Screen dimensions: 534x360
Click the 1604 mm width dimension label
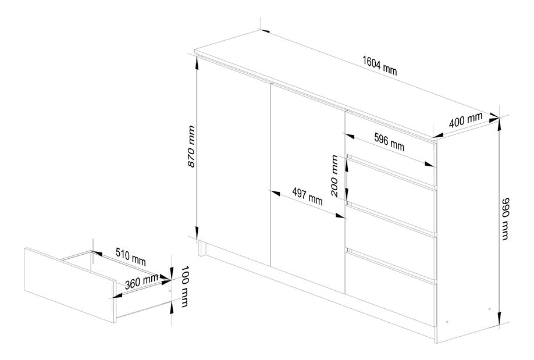point(379,65)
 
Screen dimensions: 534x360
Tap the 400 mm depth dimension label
point(465,120)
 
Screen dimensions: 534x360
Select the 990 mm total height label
point(506,219)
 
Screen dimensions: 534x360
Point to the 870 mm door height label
point(192,147)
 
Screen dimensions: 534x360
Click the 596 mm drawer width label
point(389,142)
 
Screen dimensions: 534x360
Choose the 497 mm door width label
point(308,197)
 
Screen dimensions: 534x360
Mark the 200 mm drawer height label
point(334,176)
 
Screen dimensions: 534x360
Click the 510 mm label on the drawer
point(131,257)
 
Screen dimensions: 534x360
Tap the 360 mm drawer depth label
point(141,281)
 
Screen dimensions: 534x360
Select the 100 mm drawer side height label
point(184,286)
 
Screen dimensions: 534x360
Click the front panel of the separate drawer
point(70,285)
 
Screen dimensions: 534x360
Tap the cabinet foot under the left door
point(202,249)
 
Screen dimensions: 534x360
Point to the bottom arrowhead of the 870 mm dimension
point(197,232)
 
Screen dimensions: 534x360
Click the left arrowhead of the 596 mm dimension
point(350,137)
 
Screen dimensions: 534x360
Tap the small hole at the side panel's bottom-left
point(447,322)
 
